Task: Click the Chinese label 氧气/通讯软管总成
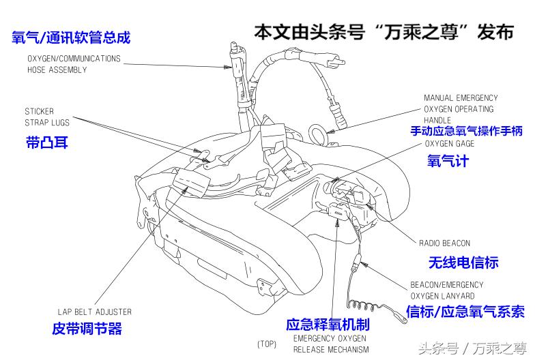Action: click(x=71, y=37)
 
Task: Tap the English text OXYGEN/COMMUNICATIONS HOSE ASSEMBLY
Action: click(x=74, y=64)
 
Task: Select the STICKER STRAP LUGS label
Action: click(x=46, y=117)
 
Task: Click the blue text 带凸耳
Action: click(x=46, y=143)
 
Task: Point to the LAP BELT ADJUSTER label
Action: click(x=95, y=312)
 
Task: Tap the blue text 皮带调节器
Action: click(x=87, y=329)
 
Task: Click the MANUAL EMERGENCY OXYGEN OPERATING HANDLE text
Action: click(x=461, y=109)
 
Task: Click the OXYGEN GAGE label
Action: click(x=450, y=144)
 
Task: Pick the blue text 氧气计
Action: click(x=448, y=162)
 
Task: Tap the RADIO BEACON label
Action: click(x=444, y=243)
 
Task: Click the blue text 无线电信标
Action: click(x=463, y=262)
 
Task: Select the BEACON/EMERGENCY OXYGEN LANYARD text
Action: click(x=446, y=290)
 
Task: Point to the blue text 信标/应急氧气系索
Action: click(x=465, y=312)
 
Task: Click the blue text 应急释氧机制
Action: click(x=328, y=325)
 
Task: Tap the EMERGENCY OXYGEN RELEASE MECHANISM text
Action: click(x=330, y=344)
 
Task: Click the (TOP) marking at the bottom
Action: click(x=267, y=344)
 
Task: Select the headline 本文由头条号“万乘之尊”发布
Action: click(x=384, y=31)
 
